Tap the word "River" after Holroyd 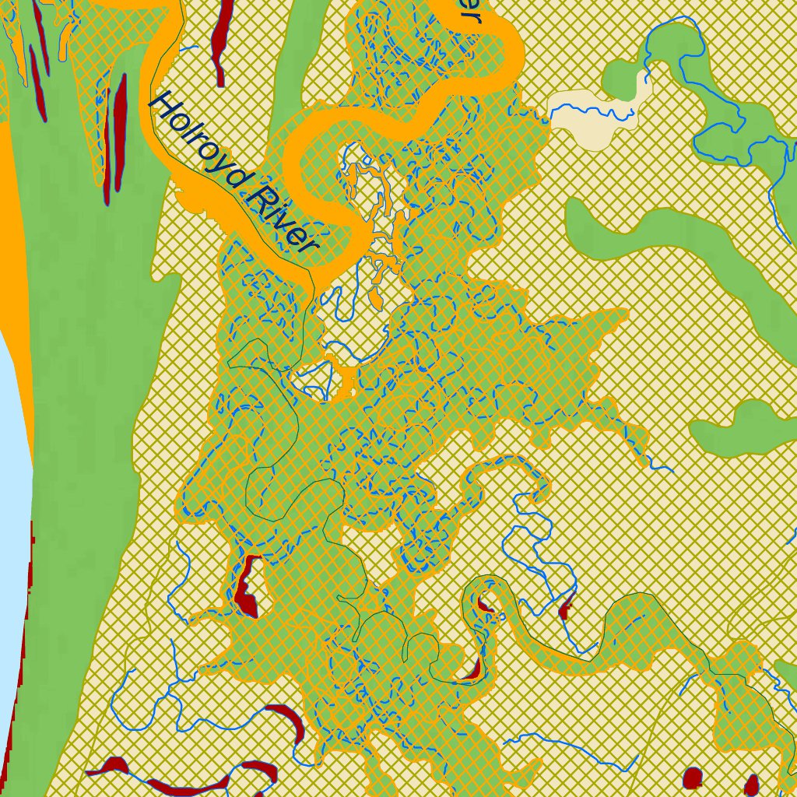click(x=280, y=220)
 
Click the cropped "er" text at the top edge click(x=471, y=9)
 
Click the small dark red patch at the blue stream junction click(x=565, y=606)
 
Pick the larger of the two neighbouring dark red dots click(x=692, y=778)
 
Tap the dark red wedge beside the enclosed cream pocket click(x=248, y=592)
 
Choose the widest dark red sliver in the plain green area click(x=119, y=132)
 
